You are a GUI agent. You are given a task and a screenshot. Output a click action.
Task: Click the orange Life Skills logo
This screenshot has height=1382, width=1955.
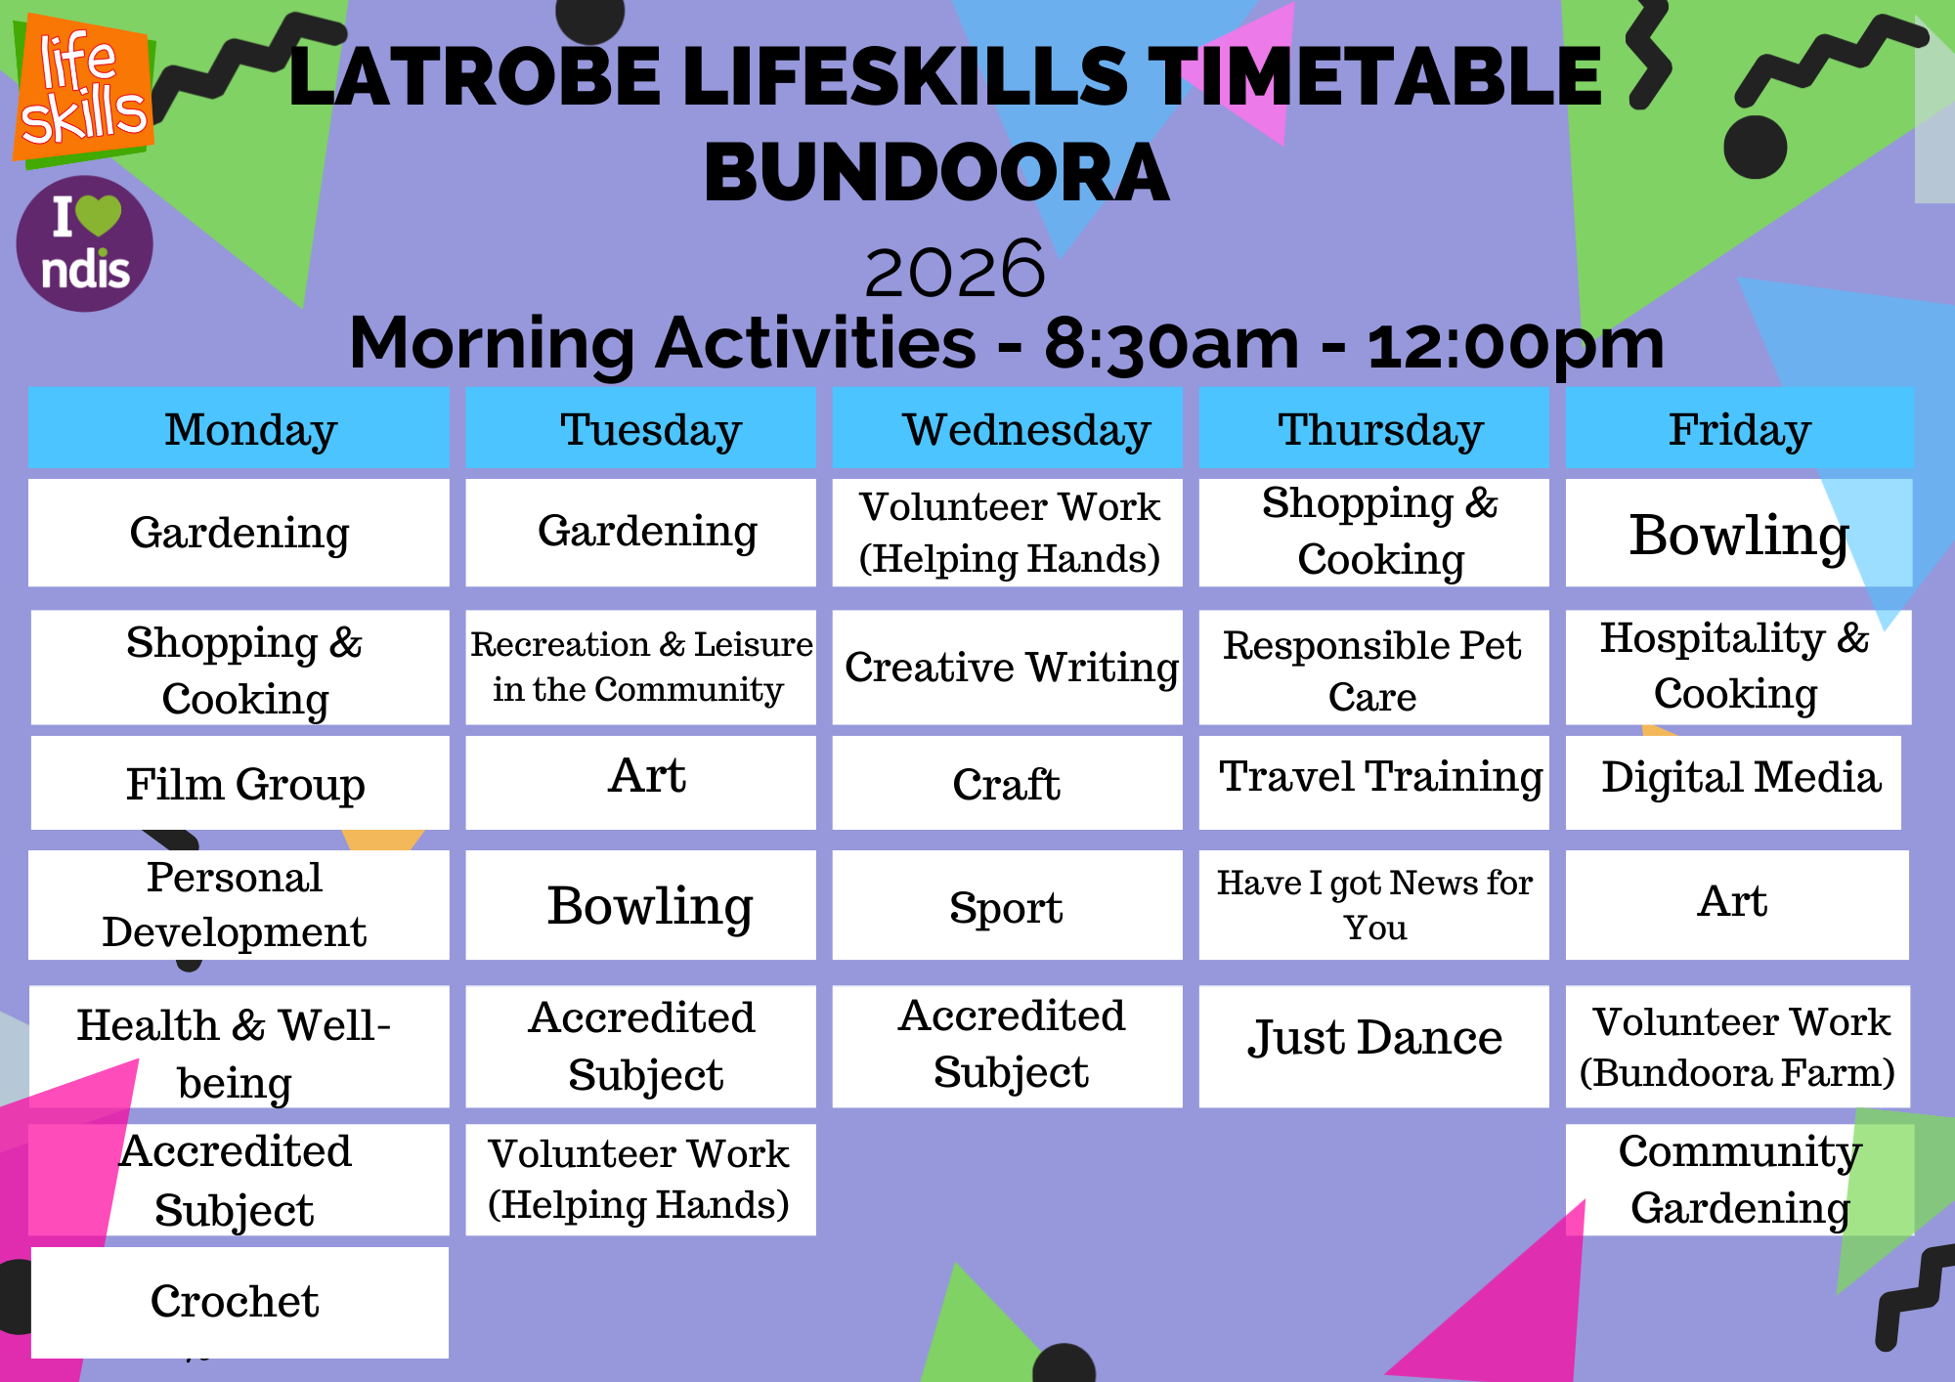click(83, 91)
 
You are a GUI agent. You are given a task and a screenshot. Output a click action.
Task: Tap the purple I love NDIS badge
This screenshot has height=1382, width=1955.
click(85, 243)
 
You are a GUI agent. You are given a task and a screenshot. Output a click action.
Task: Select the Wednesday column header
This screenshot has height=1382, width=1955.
click(1007, 428)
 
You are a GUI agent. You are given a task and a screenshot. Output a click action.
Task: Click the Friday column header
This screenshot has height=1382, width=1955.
click(1739, 428)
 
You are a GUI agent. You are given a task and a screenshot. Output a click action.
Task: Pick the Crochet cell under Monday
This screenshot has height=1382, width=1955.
click(239, 1302)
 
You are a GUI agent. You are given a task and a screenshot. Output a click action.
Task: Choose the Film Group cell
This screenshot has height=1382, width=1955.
click(239, 783)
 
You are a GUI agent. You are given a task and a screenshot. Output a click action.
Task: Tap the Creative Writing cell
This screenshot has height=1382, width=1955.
click(1007, 668)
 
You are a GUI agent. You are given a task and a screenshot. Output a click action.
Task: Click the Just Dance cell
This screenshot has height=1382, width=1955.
click(1373, 1046)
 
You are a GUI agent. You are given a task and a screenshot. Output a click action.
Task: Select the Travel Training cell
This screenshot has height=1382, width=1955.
click(1373, 783)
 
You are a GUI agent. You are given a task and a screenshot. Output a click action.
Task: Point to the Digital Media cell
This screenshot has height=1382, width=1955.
click(1733, 783)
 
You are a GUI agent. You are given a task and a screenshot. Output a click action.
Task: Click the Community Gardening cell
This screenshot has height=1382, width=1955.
click(1739, 1180)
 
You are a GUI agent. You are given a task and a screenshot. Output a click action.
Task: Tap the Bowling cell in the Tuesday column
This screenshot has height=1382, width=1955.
click(640, 905)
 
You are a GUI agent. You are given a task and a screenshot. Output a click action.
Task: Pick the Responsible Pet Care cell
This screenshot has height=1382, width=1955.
click(1373, 668)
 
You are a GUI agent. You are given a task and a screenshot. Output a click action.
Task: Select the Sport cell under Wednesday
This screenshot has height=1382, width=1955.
click(1007, 905)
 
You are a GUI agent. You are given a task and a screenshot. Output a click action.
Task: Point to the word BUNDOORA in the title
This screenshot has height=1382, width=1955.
click(936, 172)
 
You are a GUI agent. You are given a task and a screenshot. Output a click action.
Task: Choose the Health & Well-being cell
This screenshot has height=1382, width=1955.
click(239, 1046)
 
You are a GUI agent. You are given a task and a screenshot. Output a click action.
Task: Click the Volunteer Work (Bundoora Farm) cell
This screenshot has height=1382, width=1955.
click(1737, 1046)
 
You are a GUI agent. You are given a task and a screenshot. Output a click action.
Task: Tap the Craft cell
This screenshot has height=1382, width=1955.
click(1007, 783)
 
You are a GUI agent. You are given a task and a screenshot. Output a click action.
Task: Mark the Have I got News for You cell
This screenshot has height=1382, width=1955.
click(1373, 905)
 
